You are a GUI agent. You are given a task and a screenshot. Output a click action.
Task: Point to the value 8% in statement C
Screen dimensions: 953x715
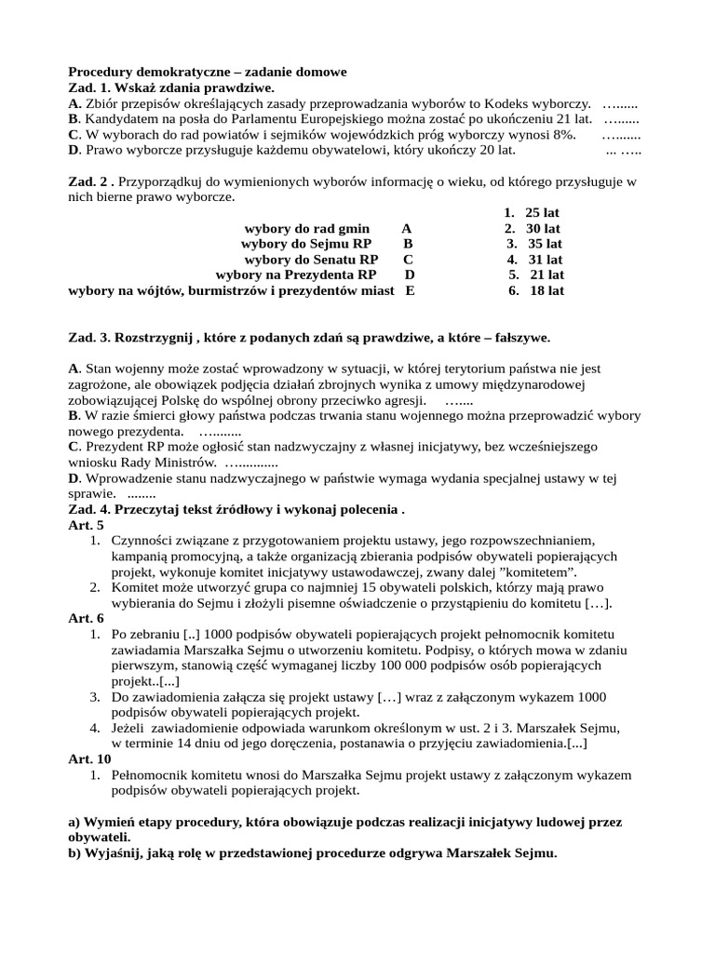click(x=565, y=134)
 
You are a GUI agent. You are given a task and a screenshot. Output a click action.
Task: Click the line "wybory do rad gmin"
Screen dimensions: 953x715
click(x=307, y=228)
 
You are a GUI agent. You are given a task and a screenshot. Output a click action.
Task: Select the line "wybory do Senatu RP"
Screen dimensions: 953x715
click(x=311, y=259)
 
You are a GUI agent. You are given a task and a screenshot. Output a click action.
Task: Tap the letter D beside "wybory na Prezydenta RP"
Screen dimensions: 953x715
click(x=410, y=275)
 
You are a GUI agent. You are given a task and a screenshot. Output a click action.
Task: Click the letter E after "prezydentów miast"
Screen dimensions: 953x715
click(x=410, y=290)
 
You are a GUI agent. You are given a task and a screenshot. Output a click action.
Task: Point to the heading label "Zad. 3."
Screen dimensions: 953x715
click(x=90, y=336)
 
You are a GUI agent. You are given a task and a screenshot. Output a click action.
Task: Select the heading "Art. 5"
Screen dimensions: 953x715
click(x=87, y=525)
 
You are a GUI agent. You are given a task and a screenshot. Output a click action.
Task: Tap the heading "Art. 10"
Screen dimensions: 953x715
click(x=89, y=758)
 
